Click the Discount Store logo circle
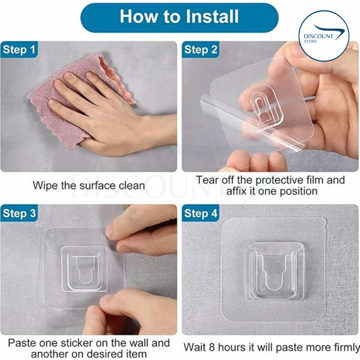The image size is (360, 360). [x=324, y=37]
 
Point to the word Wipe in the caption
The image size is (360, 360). [x=46, y=185]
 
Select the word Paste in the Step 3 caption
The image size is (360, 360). [x=22, y=343]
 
